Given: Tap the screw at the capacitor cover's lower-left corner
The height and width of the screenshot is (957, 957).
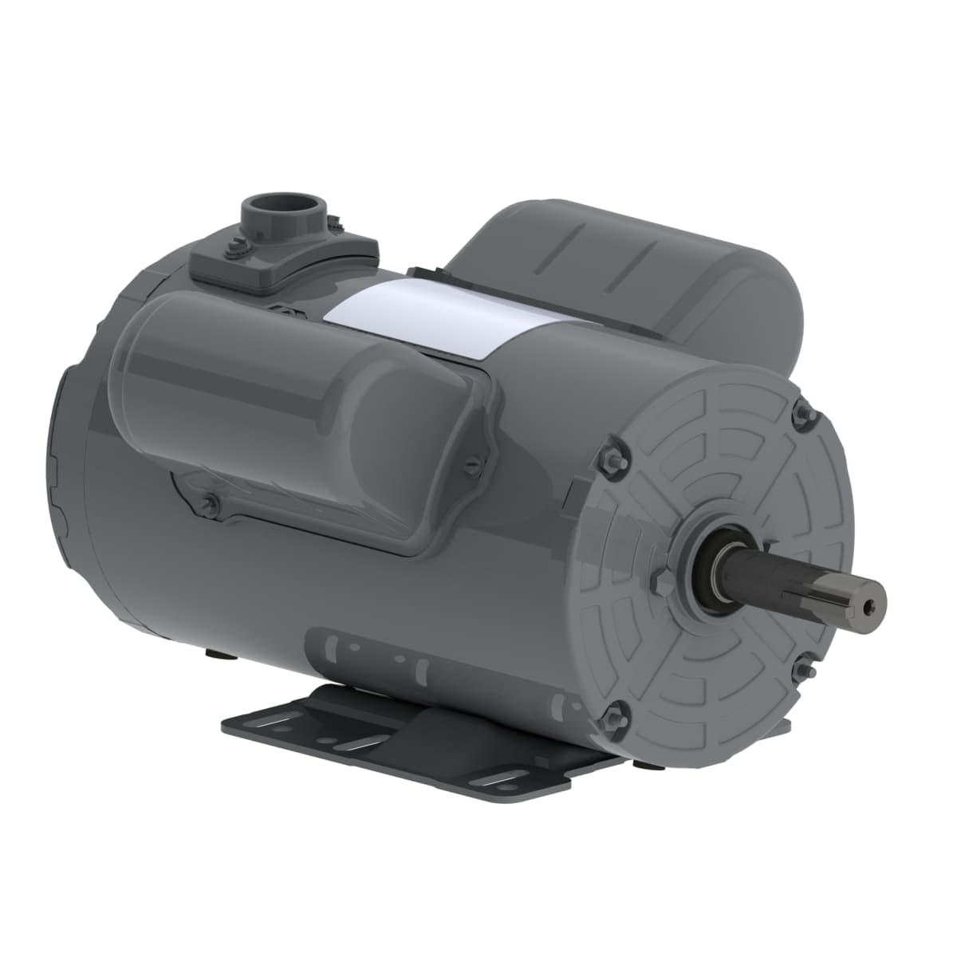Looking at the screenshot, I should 211,502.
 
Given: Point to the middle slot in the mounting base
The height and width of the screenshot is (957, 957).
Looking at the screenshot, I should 355,746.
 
